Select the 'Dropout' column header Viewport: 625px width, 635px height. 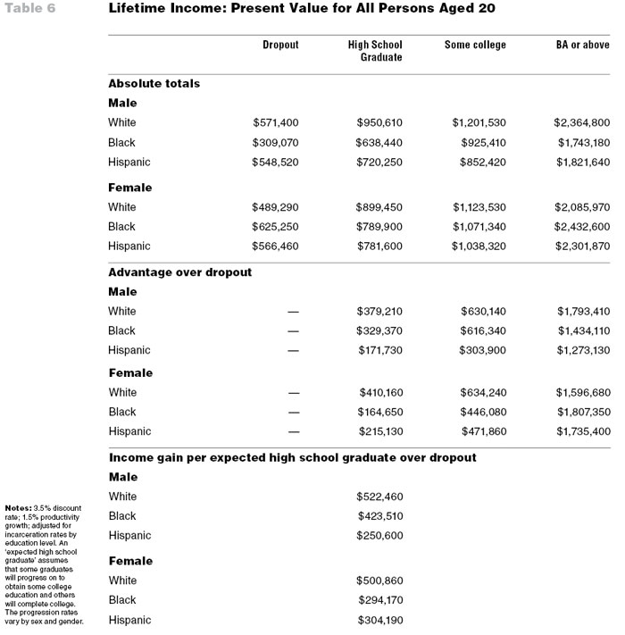(x=280, y=45)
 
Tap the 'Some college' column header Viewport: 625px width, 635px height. (x=475, y=45)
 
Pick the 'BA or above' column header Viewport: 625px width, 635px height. (x=583, y=45)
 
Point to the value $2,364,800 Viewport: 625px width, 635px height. (x=582, y=122)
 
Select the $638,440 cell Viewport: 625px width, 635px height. (x=379, y=142)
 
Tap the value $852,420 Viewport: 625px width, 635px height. (x=483, y=162)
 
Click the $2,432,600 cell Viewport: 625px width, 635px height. (x=582, y=226)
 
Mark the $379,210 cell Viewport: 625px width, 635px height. (x=379, y=312)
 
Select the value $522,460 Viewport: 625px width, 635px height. (x=379, y=497)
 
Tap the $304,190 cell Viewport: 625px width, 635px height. (x=379, y=620)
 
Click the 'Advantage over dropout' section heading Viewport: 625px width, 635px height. (x=179, y=272)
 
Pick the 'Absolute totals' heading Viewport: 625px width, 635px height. (x=154, y=83)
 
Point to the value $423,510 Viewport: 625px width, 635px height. (x=379, y=515)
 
